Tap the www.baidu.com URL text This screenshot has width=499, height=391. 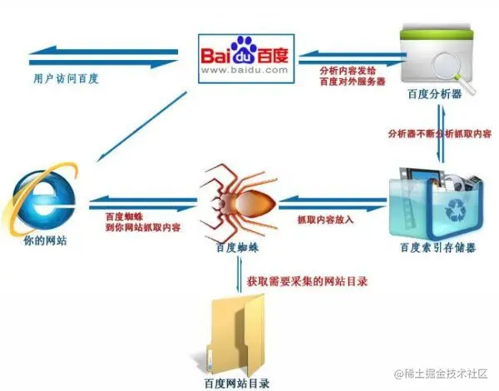[245, 72]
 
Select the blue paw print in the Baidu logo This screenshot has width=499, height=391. [245, 48]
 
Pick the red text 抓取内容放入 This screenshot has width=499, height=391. [328, 220]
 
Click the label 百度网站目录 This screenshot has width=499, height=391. [240, 383]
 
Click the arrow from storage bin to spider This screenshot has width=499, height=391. [333, 200]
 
